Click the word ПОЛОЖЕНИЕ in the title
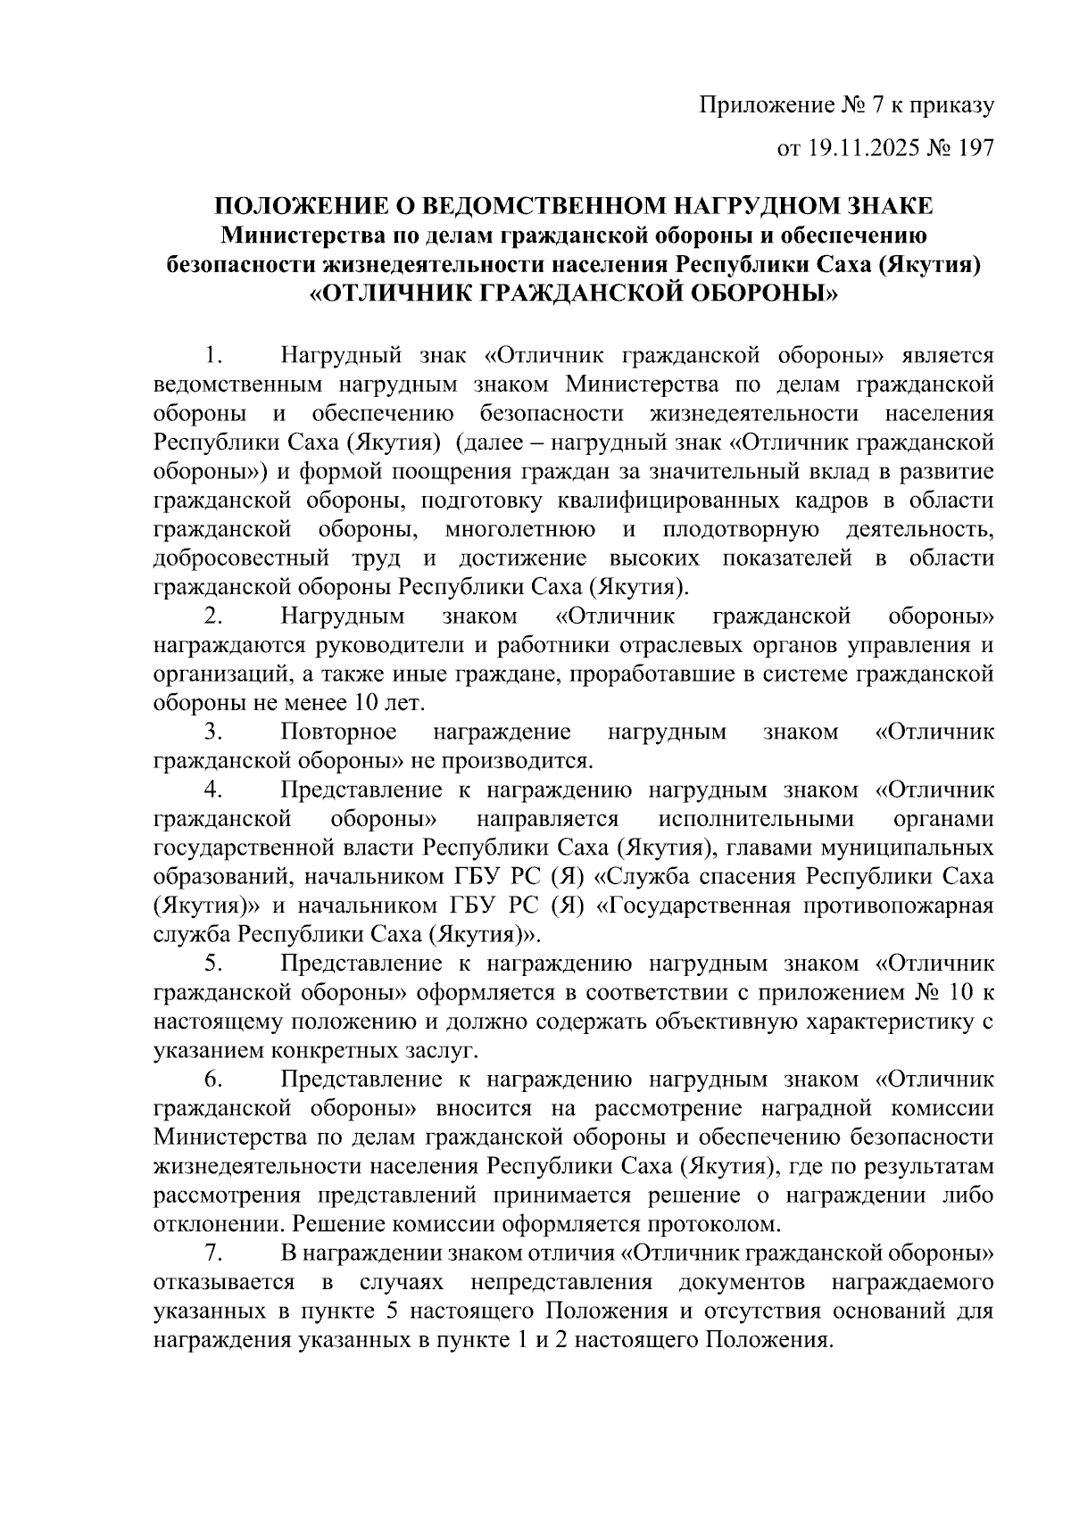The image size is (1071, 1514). click(298, 206)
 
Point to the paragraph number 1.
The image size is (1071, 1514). click(212, 357)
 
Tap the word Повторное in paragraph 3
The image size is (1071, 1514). click(338, 732)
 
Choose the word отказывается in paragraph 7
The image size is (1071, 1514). click(224, 1283)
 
